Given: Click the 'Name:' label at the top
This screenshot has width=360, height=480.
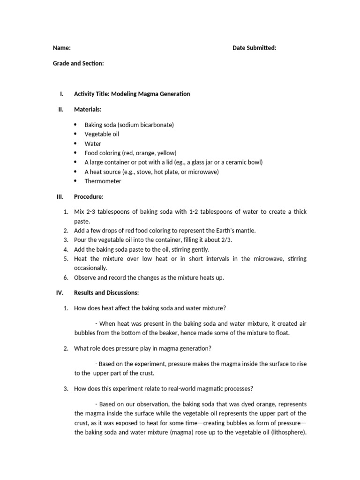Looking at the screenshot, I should (61, 48).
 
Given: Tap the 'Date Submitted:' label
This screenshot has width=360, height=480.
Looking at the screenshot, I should (254, 48).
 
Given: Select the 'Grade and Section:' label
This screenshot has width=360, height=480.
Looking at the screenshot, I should (78, 63).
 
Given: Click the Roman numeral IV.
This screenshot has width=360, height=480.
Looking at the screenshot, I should (60, 292).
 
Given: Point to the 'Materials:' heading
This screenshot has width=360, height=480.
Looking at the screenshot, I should (88, 109).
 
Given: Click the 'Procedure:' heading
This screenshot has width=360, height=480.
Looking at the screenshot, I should (89, 196).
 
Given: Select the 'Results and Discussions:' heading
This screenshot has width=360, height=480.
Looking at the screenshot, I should (106, 292).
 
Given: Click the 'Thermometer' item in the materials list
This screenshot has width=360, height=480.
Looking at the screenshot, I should (103, 181).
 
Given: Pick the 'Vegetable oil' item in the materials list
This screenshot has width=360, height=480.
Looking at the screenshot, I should (102, 134).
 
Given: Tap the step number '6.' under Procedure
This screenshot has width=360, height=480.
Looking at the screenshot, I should (66, 277).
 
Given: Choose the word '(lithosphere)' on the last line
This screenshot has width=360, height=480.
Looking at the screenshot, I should (286, 432).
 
